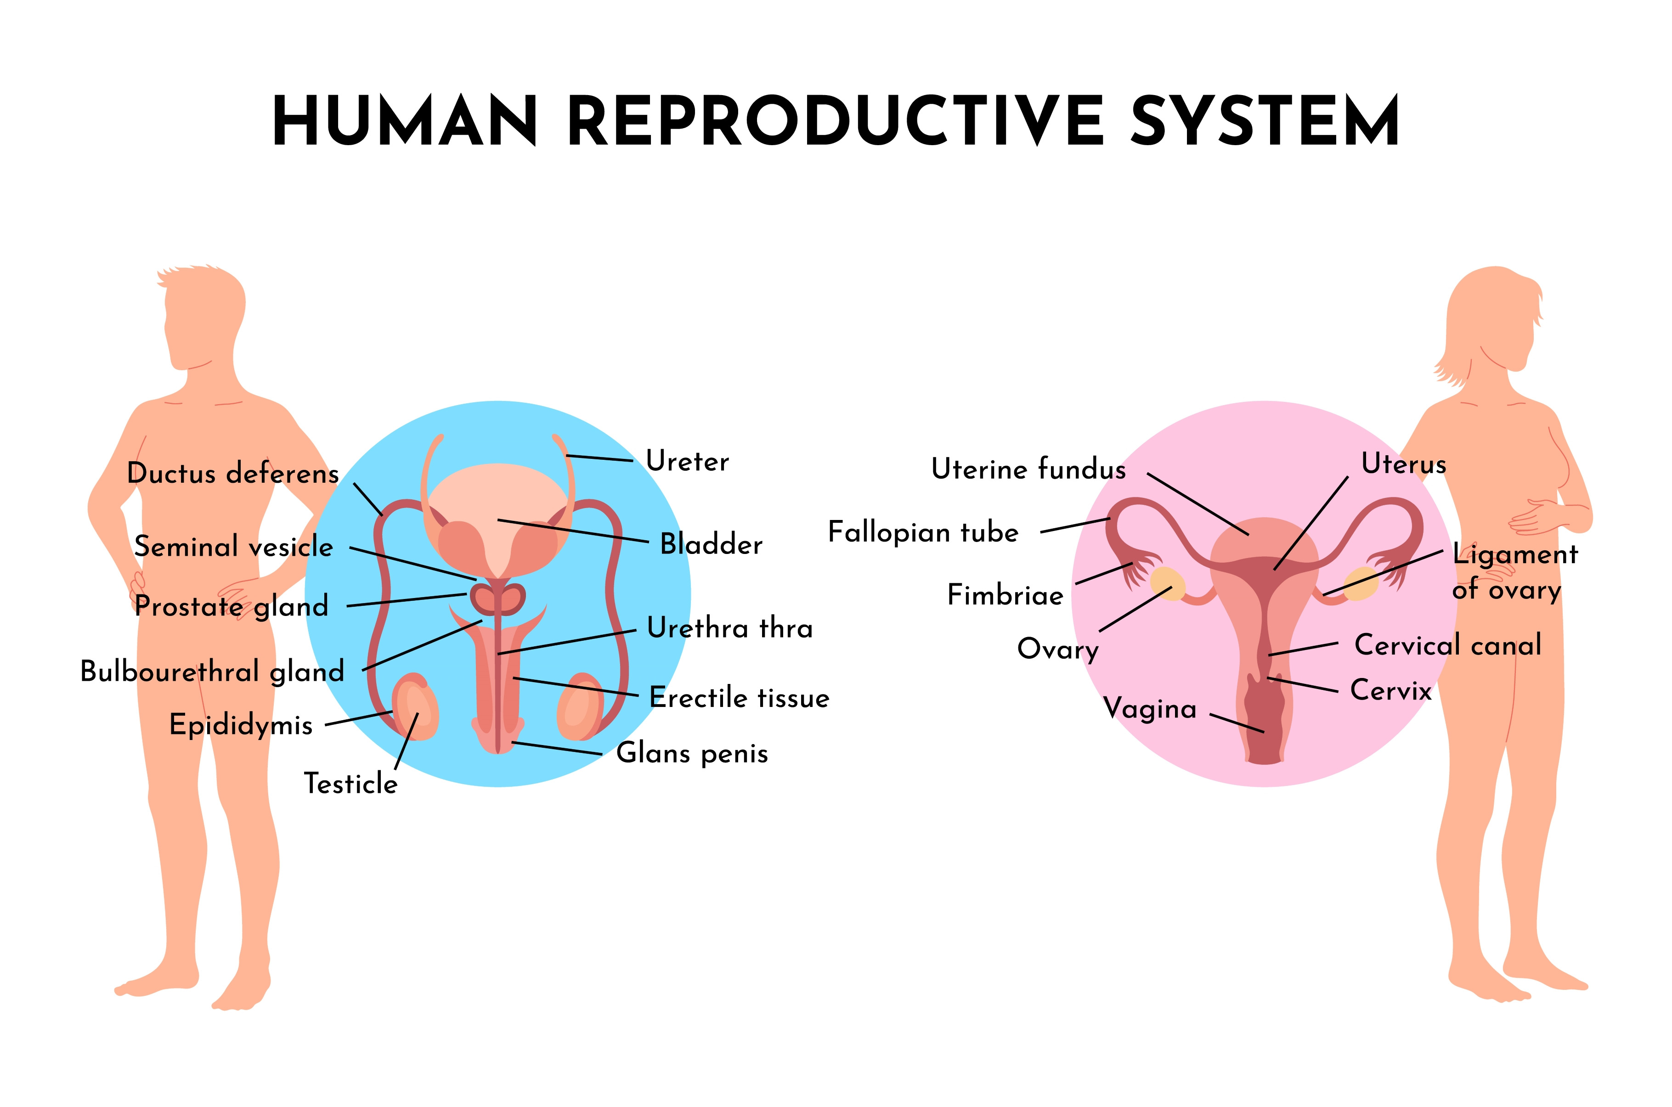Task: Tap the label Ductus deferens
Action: point(233,474)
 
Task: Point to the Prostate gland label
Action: point(232,606)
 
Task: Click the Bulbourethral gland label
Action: point(212,672)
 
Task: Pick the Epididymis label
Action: point(241,725)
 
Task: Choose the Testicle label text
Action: point(351,784)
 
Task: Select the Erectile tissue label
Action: point(739,698)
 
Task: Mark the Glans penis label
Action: point(692,753)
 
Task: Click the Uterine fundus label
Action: point(1028,469)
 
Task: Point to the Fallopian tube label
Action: point(923,532)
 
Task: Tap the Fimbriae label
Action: point(1005,595)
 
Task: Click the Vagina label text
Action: point(1150,709)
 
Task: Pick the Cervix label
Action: point(1390,690)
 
